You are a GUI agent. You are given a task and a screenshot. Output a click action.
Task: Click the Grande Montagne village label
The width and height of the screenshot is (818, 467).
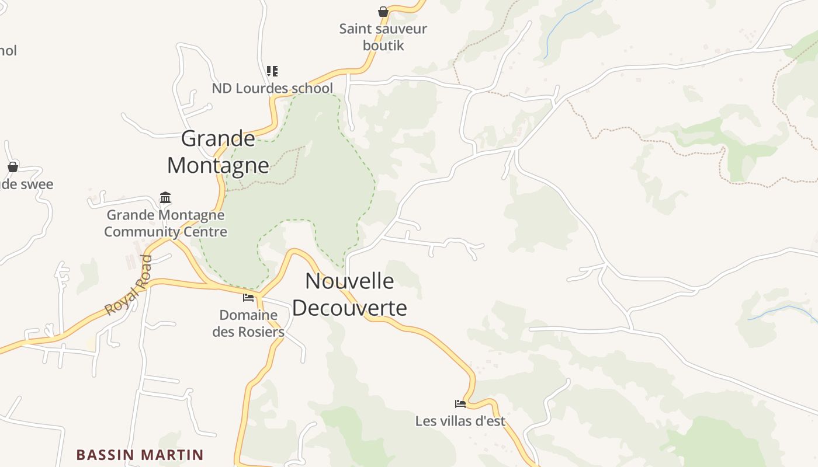(218, 152)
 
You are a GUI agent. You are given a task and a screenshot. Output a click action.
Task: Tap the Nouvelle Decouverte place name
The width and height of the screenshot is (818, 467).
(349, 294)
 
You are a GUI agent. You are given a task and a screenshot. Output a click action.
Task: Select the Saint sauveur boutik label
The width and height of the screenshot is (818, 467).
(383, 37)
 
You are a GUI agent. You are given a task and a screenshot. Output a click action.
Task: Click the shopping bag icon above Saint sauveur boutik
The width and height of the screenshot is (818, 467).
(383, 12)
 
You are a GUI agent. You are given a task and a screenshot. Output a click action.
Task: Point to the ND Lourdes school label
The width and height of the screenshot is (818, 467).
(272, 88)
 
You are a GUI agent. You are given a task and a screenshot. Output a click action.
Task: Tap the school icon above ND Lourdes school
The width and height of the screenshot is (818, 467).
(272, 71)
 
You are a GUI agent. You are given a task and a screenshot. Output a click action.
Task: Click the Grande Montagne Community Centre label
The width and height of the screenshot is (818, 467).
(165, 224)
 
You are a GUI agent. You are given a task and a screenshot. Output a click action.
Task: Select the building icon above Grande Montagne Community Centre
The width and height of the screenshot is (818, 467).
(165, 198)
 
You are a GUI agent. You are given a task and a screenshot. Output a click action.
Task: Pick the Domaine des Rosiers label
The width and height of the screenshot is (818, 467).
(248, 323)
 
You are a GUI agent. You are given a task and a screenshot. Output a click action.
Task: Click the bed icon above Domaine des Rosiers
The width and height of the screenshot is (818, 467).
(248, 298)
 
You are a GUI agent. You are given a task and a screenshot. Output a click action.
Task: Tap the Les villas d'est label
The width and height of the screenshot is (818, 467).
(460, 421)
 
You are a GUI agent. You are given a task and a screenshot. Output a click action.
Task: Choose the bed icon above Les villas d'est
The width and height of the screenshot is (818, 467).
(460, 403)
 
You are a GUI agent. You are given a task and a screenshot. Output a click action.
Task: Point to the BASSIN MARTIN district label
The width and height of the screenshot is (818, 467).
(140, 455)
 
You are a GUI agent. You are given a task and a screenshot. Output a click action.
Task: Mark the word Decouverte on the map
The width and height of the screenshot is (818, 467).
(349, 308)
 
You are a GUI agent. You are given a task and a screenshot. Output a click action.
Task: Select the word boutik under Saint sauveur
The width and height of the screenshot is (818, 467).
(383, 46)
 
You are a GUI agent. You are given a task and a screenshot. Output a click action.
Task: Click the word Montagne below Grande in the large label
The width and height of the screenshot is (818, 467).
(218, 165)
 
